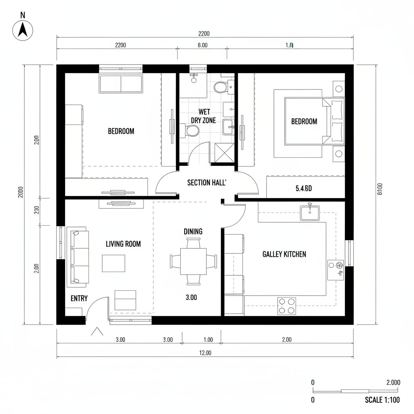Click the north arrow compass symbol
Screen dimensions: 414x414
coord(23,30)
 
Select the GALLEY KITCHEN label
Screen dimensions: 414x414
coord(284,254)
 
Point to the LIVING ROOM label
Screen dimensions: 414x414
coord(123,244)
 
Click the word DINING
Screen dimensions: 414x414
coord(193,232)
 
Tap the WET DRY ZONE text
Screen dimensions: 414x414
coord(203,116)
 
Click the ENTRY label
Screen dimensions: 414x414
coord(79,298)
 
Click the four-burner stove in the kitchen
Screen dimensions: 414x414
coord(286,306)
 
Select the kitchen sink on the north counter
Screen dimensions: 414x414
coord(310,213)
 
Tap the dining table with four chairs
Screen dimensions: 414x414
coord(193,261)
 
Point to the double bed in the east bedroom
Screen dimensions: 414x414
coord(314,121)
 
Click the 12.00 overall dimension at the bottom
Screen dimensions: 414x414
coord(205,353)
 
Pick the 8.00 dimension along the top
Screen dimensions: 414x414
coord(202,45)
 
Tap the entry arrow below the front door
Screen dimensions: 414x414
coord(97,332)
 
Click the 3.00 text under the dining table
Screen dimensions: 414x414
coord(191,297)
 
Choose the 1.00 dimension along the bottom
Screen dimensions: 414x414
coord(208,340)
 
